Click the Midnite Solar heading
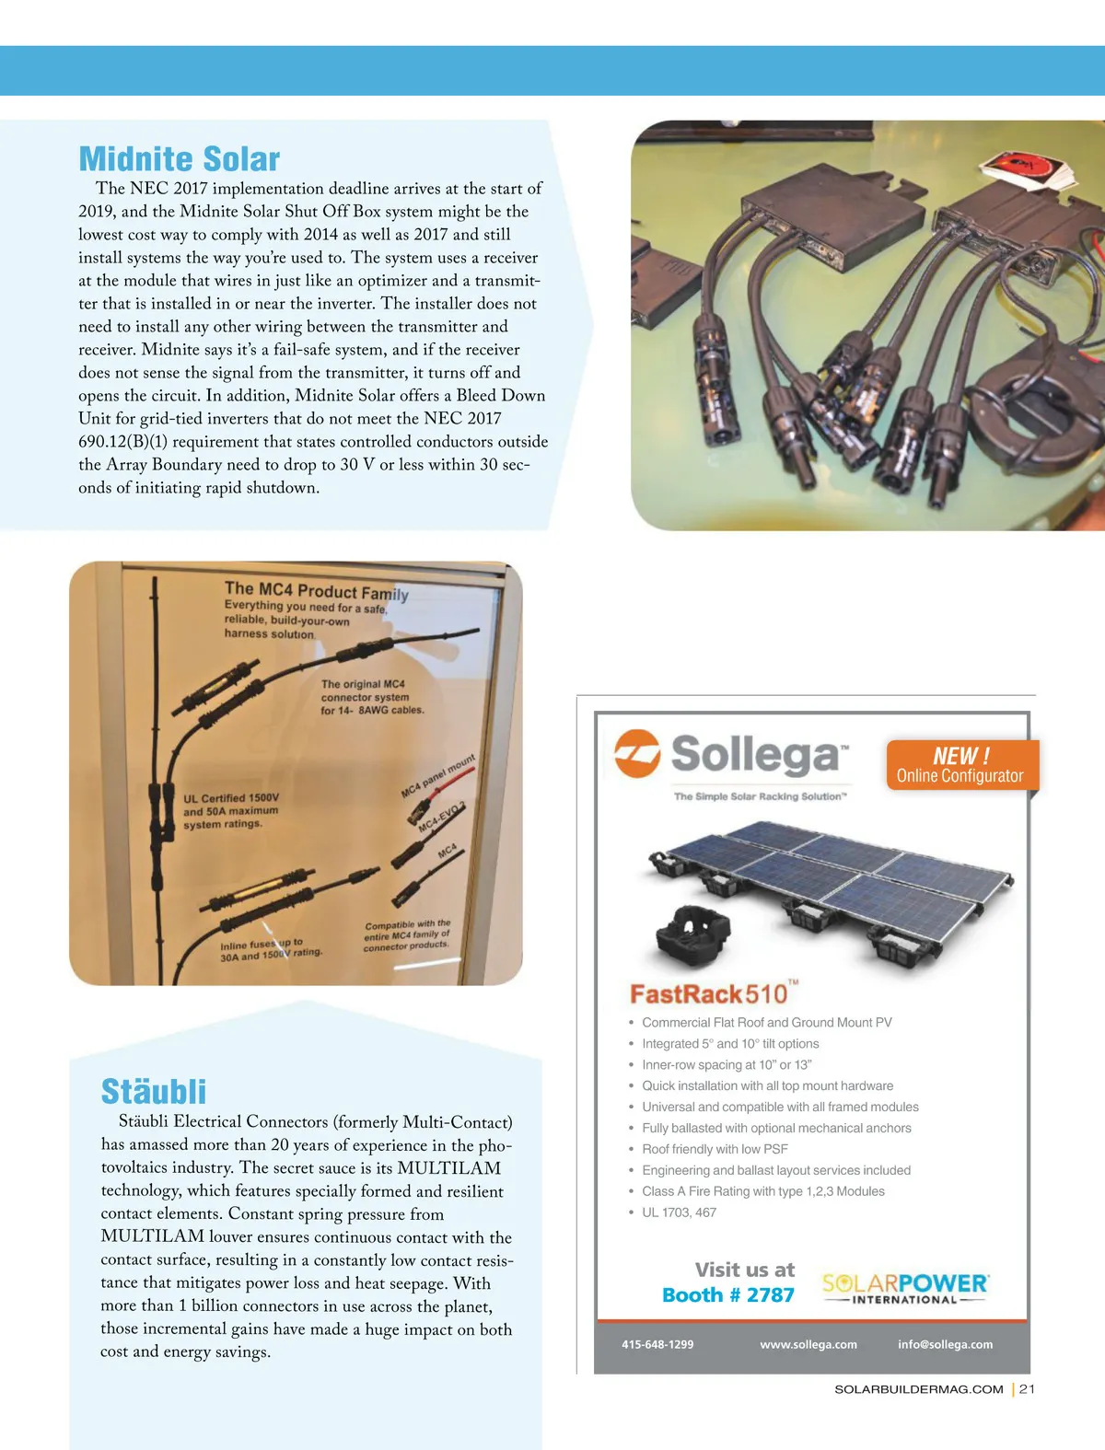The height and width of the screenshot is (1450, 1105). pos(180,159)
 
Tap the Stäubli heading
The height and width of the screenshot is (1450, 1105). pos(154,1092)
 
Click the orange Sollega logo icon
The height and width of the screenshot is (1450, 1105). pos(637,753)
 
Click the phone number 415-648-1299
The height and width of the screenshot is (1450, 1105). pos(657,1345)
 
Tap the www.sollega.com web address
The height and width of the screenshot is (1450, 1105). pos(808,1345)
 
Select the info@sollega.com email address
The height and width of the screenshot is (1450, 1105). pos(946,1345)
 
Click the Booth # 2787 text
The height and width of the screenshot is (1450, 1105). pos(727,1295)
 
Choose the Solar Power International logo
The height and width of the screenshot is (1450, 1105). pos(905,1288)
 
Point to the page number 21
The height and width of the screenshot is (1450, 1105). pos(1028,1389)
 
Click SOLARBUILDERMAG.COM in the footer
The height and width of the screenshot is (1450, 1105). pos(918,1389)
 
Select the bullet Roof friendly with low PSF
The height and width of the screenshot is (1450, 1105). pos(715,1149)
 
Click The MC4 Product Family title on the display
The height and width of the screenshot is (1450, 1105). pos(316,591)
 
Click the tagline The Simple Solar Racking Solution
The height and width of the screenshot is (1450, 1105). pos(760,797)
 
